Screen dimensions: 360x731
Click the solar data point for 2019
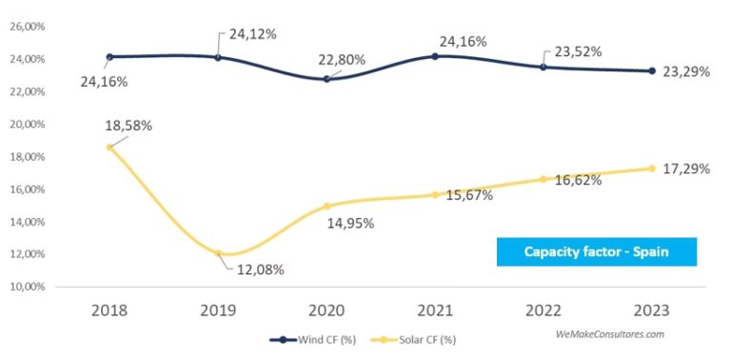click(218, 253)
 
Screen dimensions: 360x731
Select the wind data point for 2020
click(326, 79)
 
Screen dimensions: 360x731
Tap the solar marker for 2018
click(109, 148)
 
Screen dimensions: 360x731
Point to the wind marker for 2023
click(652, 70)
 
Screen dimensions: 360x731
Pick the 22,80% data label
click(354, 61)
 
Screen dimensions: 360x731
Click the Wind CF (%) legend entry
click(312, 338)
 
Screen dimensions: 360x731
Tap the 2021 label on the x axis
click(435, 311)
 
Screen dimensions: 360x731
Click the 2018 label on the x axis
click(109, 311)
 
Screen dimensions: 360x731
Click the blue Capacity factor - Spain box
click(597, 251)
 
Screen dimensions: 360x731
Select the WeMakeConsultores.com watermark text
click(609, 334)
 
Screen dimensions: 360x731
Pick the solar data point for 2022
click(543, 179)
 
